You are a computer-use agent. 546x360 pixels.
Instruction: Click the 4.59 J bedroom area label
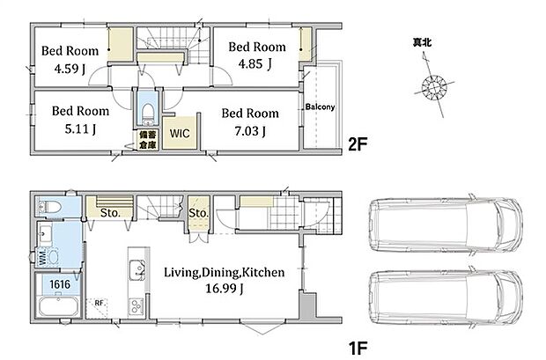coord(70,69)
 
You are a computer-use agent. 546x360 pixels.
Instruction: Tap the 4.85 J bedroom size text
coord(255,63)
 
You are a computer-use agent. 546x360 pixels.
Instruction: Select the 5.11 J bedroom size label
coord(80,129)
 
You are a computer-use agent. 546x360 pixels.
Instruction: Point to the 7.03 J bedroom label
coord(250,131)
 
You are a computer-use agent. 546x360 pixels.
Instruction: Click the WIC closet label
coord(180,133)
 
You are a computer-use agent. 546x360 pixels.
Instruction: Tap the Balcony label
coord(320,107)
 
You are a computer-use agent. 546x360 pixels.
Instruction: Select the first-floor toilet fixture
coord(49,207)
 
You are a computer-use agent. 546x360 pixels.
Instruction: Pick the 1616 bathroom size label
coord(60,284)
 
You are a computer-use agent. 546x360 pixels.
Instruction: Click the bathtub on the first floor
coord(58,306)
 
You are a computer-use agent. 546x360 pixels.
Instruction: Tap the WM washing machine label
coord(42,257)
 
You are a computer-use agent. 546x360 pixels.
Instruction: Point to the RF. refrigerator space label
coord(100,303)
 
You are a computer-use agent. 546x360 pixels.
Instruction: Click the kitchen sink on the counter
coord(137,270)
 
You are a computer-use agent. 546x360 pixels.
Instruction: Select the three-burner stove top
coord(136,306)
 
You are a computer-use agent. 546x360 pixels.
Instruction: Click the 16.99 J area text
coord(224,289)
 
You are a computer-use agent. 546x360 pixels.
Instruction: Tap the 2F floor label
coord(358,144)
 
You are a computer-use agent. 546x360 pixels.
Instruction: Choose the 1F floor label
coord(358,348)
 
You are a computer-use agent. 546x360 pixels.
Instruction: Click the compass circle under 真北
coord(434,85)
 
